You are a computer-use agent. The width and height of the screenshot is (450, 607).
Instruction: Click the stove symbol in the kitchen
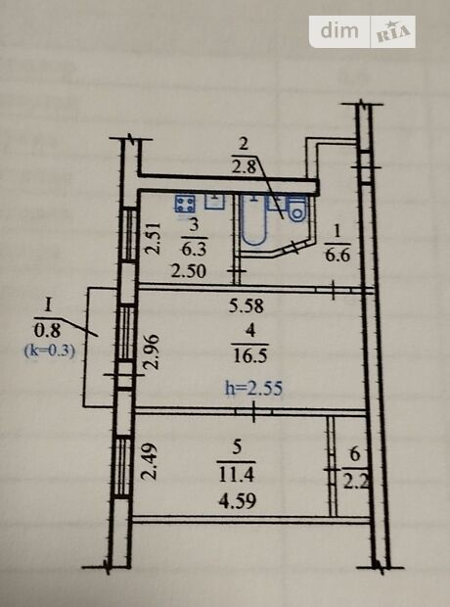coord(185,204)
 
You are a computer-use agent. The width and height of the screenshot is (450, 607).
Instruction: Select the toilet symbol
coord(297,210)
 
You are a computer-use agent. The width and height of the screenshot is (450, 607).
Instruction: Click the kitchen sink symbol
coord(214,201)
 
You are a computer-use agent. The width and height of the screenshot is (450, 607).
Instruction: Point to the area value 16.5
coord(250,355)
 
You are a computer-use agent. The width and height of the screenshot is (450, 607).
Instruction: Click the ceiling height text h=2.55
coord(253,389)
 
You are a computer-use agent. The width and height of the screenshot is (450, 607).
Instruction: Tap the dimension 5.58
coord(247,305)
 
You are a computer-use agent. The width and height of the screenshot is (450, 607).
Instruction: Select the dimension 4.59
coord(237,501)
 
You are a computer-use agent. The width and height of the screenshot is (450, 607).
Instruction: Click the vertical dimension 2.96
coord(152,351)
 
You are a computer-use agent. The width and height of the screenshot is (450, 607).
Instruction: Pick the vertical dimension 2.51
coord(153,238)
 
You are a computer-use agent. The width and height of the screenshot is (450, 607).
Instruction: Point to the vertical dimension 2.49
coord(150,461)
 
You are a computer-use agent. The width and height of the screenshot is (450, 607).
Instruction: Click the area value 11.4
coord(237,474)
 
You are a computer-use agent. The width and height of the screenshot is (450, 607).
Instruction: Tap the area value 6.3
coord(194,249)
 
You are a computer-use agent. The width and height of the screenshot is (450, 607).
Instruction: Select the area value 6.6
coord(337,256)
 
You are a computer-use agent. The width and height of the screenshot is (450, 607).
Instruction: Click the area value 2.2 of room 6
coord(355,483)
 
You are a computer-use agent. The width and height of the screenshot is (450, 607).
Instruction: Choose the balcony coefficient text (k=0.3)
coord(50,351)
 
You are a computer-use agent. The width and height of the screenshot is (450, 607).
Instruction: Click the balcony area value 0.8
coord(48,331)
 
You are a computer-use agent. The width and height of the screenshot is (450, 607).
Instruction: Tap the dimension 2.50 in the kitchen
coord(189,271)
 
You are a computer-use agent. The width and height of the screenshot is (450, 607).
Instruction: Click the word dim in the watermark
coord(339,30)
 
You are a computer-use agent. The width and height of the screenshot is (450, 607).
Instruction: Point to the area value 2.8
coord(245,167)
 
